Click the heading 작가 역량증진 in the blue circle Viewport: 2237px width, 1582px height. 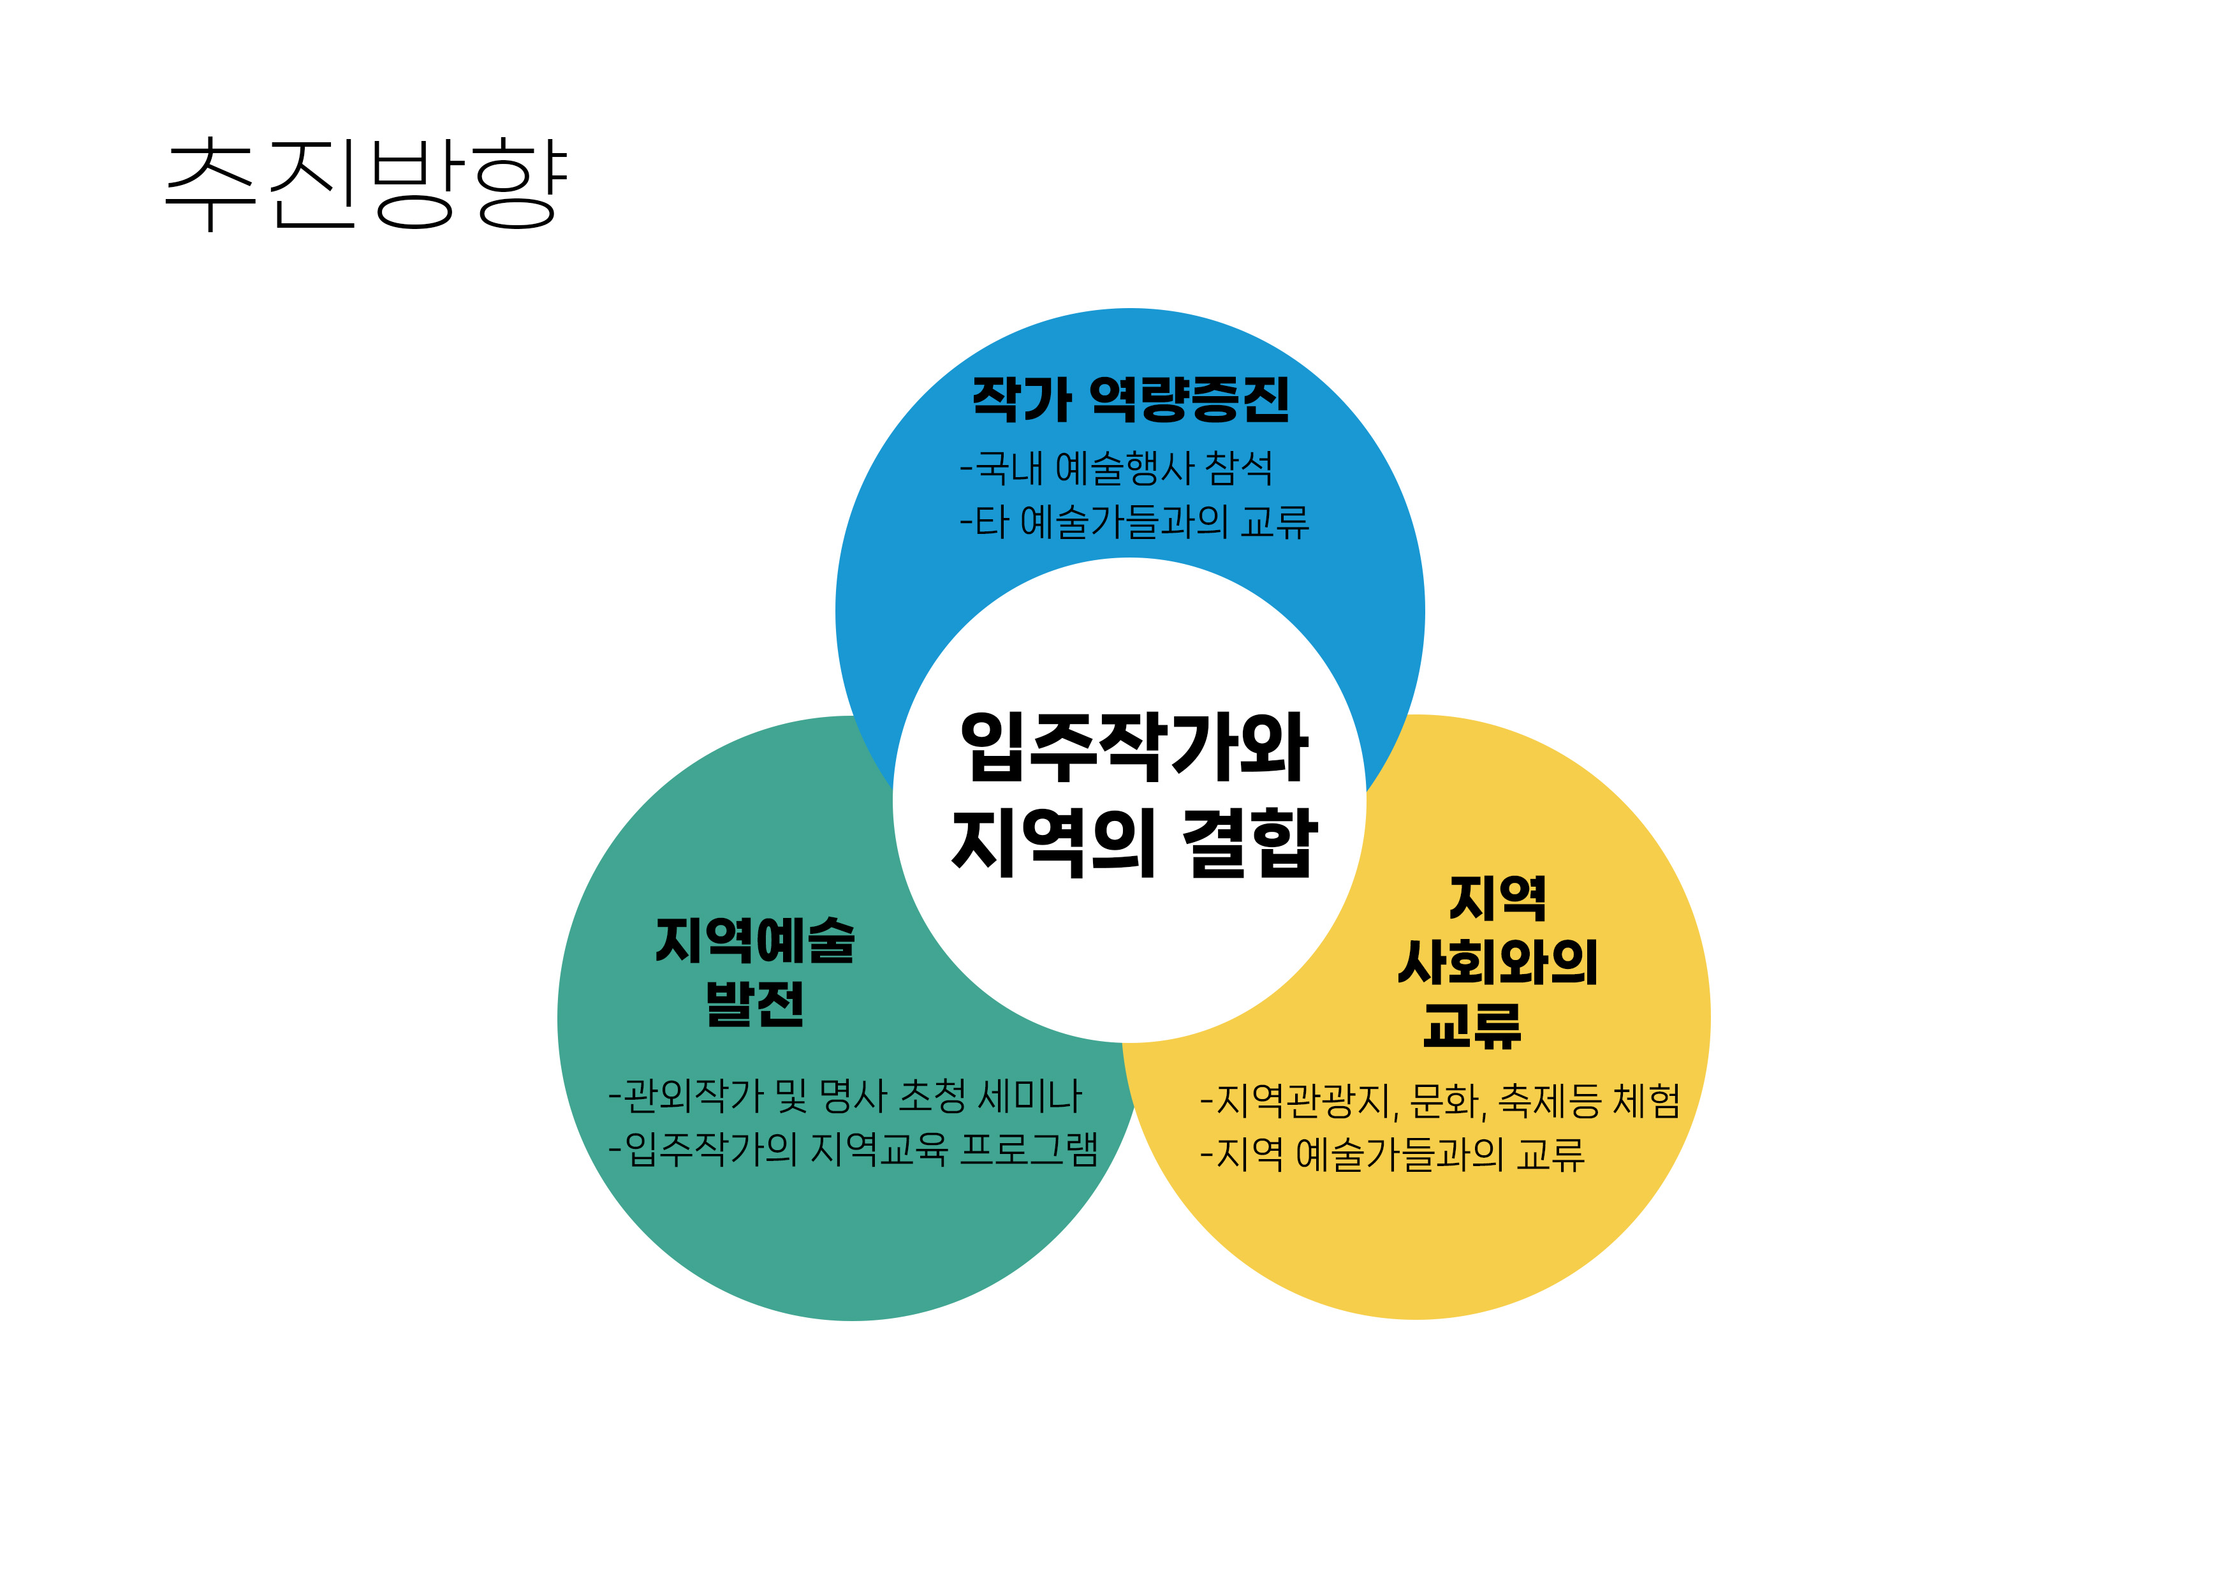tap(1130, 399)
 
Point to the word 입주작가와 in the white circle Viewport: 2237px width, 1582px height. tap(1133, 748)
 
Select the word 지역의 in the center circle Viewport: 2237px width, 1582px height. tap(1052, 842)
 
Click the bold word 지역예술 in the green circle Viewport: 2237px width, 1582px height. tap(755, 941)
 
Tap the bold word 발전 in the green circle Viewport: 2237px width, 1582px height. tap(755, 1004)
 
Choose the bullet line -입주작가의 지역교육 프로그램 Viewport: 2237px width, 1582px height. tap(853, 1150)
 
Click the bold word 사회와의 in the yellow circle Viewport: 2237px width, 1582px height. tap(1497, 963)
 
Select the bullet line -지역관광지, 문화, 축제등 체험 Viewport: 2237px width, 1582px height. tap(1440, 1102)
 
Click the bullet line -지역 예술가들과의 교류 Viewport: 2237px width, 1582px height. tap(1392, 1155)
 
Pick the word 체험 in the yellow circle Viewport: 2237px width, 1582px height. tap(1646, 1102)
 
